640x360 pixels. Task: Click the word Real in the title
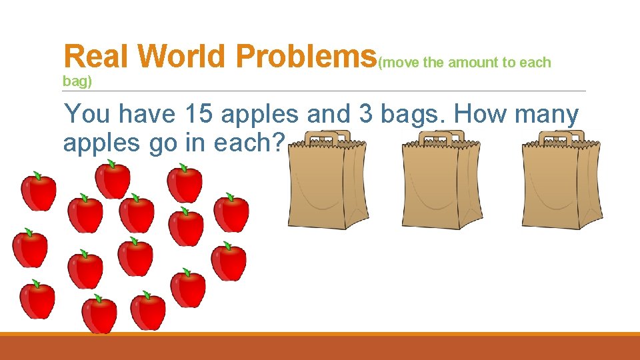(97, 57)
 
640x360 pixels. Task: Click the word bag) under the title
(77, 81)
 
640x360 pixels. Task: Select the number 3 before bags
(365, 115)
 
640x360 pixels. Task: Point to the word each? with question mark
(249, 143)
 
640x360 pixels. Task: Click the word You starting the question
(87, 115)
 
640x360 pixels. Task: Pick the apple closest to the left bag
(231, 213)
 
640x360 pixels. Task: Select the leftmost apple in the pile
(30, 247)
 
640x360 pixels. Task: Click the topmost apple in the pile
(113, 179)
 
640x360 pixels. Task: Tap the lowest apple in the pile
(99, 314)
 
